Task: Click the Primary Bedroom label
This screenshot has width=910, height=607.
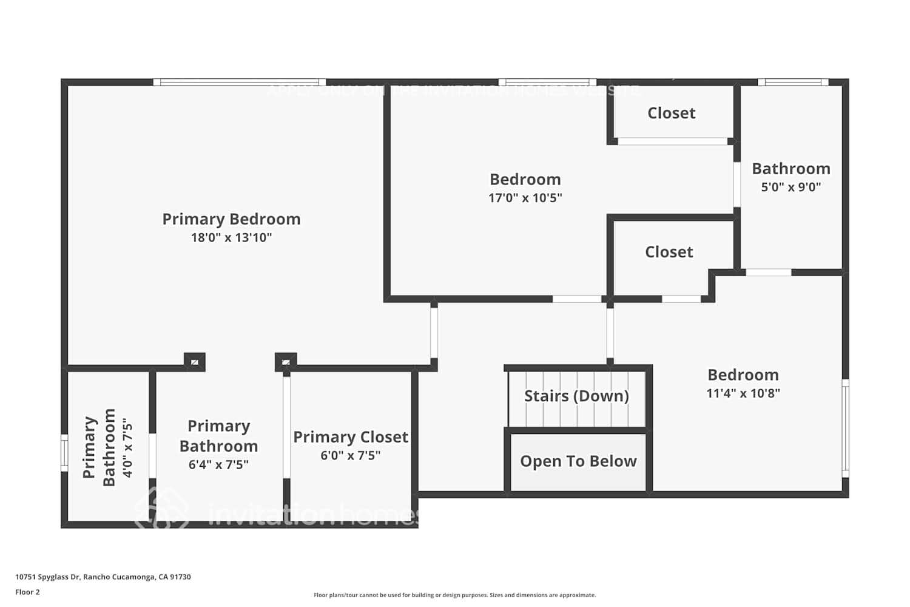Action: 231,219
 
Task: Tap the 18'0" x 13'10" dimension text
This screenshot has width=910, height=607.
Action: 231,237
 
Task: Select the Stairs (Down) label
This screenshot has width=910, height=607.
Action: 576,396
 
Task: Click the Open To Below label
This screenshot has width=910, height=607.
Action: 578,461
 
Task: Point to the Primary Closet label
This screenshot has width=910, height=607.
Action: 351,437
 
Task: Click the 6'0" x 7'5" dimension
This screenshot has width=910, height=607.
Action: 351,455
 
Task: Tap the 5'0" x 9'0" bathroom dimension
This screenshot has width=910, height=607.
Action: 791,187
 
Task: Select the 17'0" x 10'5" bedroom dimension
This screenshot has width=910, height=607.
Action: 525,197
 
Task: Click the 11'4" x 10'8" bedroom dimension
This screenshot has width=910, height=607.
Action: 743,393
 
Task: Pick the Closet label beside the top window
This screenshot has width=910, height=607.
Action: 672,113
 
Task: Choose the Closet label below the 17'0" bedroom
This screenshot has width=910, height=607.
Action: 669,252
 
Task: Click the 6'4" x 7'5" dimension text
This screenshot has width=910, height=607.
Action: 218,464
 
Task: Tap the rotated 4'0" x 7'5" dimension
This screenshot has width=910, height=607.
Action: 127,447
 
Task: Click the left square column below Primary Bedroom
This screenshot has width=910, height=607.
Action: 195,362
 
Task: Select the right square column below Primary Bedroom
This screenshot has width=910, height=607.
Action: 286,362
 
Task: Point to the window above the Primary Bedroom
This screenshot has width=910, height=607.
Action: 239,82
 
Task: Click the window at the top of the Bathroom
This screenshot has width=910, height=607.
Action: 793,82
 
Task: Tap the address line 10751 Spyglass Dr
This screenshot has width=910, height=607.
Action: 103,577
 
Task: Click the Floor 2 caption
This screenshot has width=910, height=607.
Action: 27,592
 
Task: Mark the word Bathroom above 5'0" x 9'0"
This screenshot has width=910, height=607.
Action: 791,169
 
